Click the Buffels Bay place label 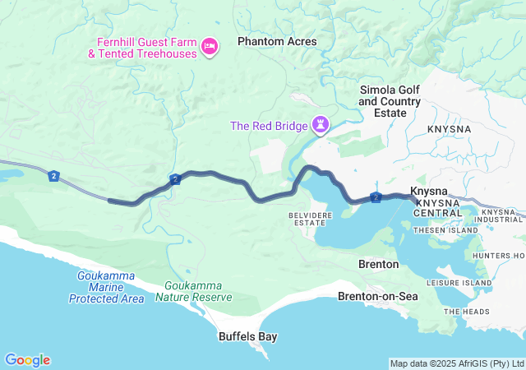(x=247, y=336)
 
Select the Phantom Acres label (x=276, y=41)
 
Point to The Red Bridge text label (x=268, y=126)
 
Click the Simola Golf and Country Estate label (x=390, y=101)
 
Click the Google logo (x=27, y=360)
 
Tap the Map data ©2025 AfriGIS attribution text (x=457, y=363)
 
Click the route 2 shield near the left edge (x=54, y=175)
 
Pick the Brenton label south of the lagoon (x=379, y=265)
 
